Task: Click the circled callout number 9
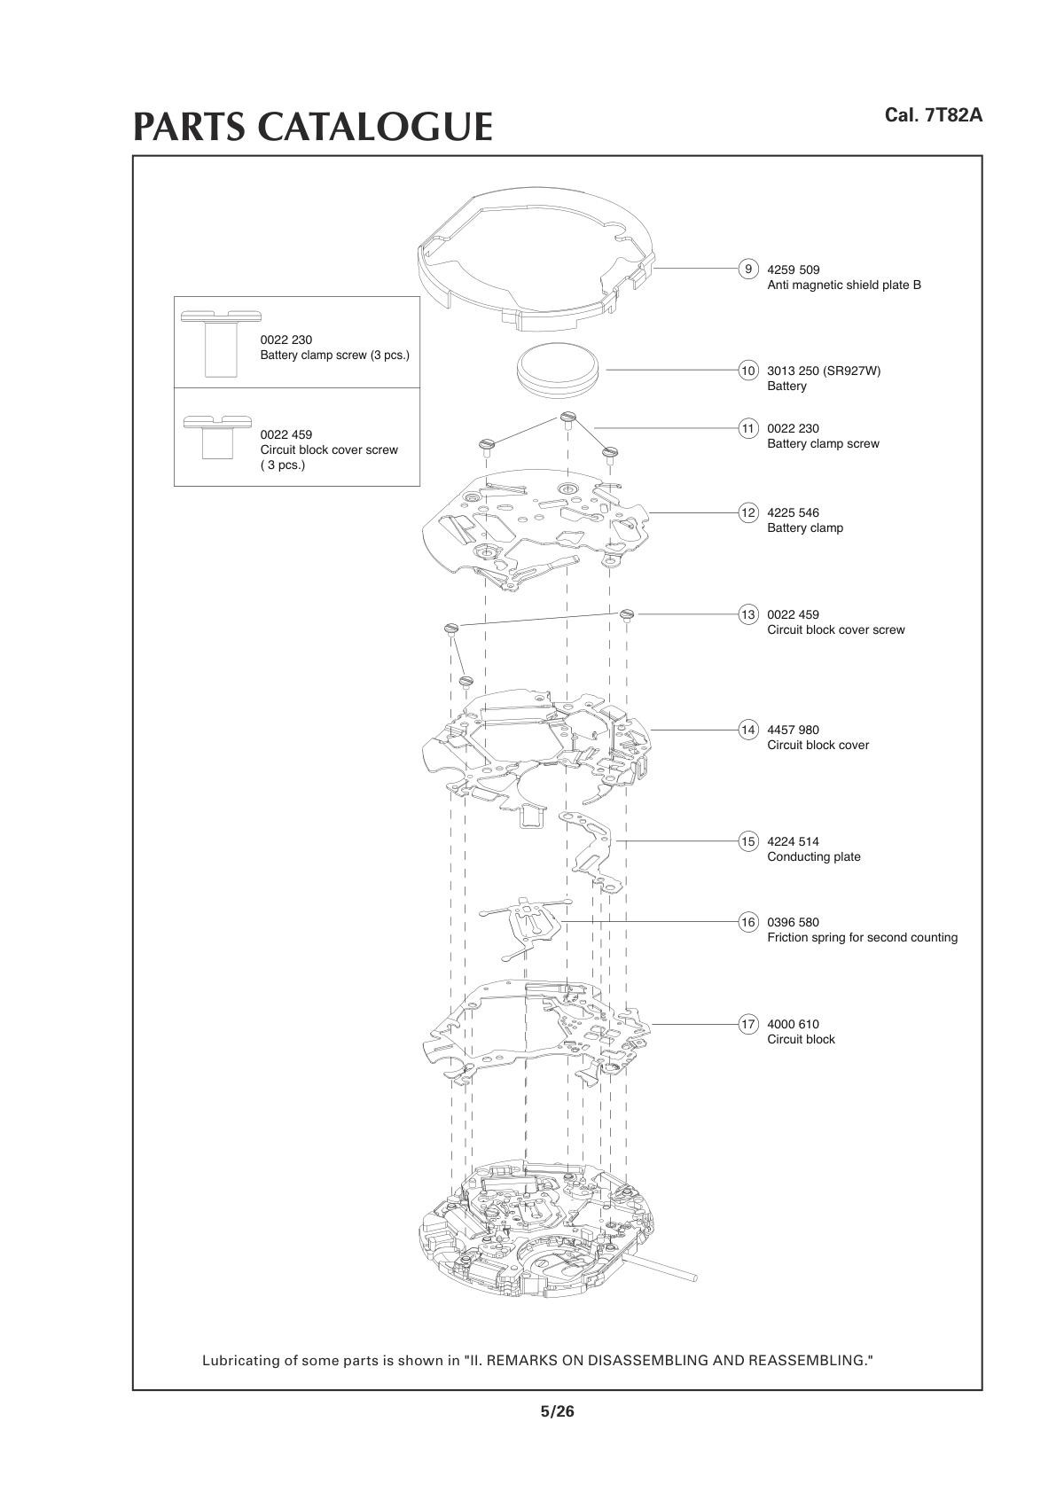tap(748, 270)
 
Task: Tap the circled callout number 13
tap(748, 614)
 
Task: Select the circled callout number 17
tap(748, 1024)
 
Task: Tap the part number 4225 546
tap(793, 512)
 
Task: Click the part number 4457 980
tap(793, 730)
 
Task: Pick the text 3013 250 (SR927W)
tap(824, 371)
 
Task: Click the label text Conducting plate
tap(813, 857)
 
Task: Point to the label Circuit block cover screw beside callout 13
tap(835, 630)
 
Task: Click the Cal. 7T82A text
tap(934, 115)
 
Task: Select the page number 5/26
tap(557, 1411)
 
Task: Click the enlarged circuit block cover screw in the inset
tap(217, 435)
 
